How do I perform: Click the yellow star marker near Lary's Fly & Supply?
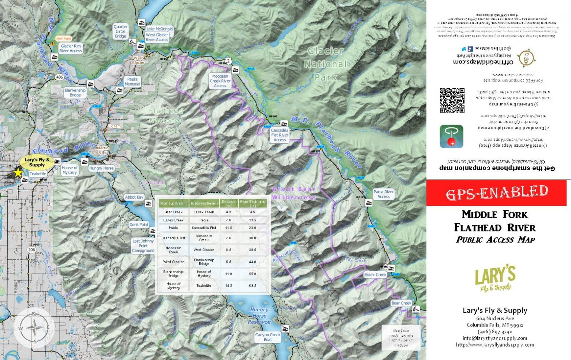click(18, 172)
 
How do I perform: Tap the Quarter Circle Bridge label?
click(120, 32)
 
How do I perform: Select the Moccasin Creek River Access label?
click(220, 81)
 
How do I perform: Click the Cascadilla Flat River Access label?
click(280, 135)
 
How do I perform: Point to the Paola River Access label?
click(384, 194)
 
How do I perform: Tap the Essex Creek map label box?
click(375, 275)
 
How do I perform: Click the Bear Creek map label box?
click(401, 303)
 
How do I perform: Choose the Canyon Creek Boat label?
click(268, 337)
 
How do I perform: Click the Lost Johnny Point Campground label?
click(143, 246)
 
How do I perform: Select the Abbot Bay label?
click(134, 197)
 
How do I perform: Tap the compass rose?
click(34, 328)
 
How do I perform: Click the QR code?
click(452, 100)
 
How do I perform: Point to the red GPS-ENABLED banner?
click(496, 193)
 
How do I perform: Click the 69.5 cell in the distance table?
click(252, 286)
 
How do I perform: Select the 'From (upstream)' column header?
click(173, 203)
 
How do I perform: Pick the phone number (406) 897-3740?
click(495, 332)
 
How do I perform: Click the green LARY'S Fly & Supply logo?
click(495, 279)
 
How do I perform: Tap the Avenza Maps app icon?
click(451, 136)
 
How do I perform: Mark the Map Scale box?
click(401, 337)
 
